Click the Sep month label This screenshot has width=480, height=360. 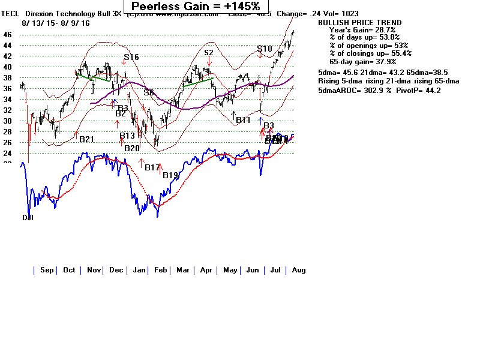point(47,270)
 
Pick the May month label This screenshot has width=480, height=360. point(230,270)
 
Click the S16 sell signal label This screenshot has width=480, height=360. point(131,58)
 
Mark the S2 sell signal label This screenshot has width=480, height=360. point(209,53)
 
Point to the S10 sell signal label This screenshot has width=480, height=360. point(265,49)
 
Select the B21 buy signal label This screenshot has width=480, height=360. point(87,139)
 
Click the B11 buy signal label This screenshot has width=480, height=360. point(243,121)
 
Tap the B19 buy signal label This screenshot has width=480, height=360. point(170,175)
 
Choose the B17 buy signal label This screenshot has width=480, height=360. point(152,167)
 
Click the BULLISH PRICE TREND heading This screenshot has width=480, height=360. point(360,23)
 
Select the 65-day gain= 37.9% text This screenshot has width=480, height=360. point(362,61)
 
